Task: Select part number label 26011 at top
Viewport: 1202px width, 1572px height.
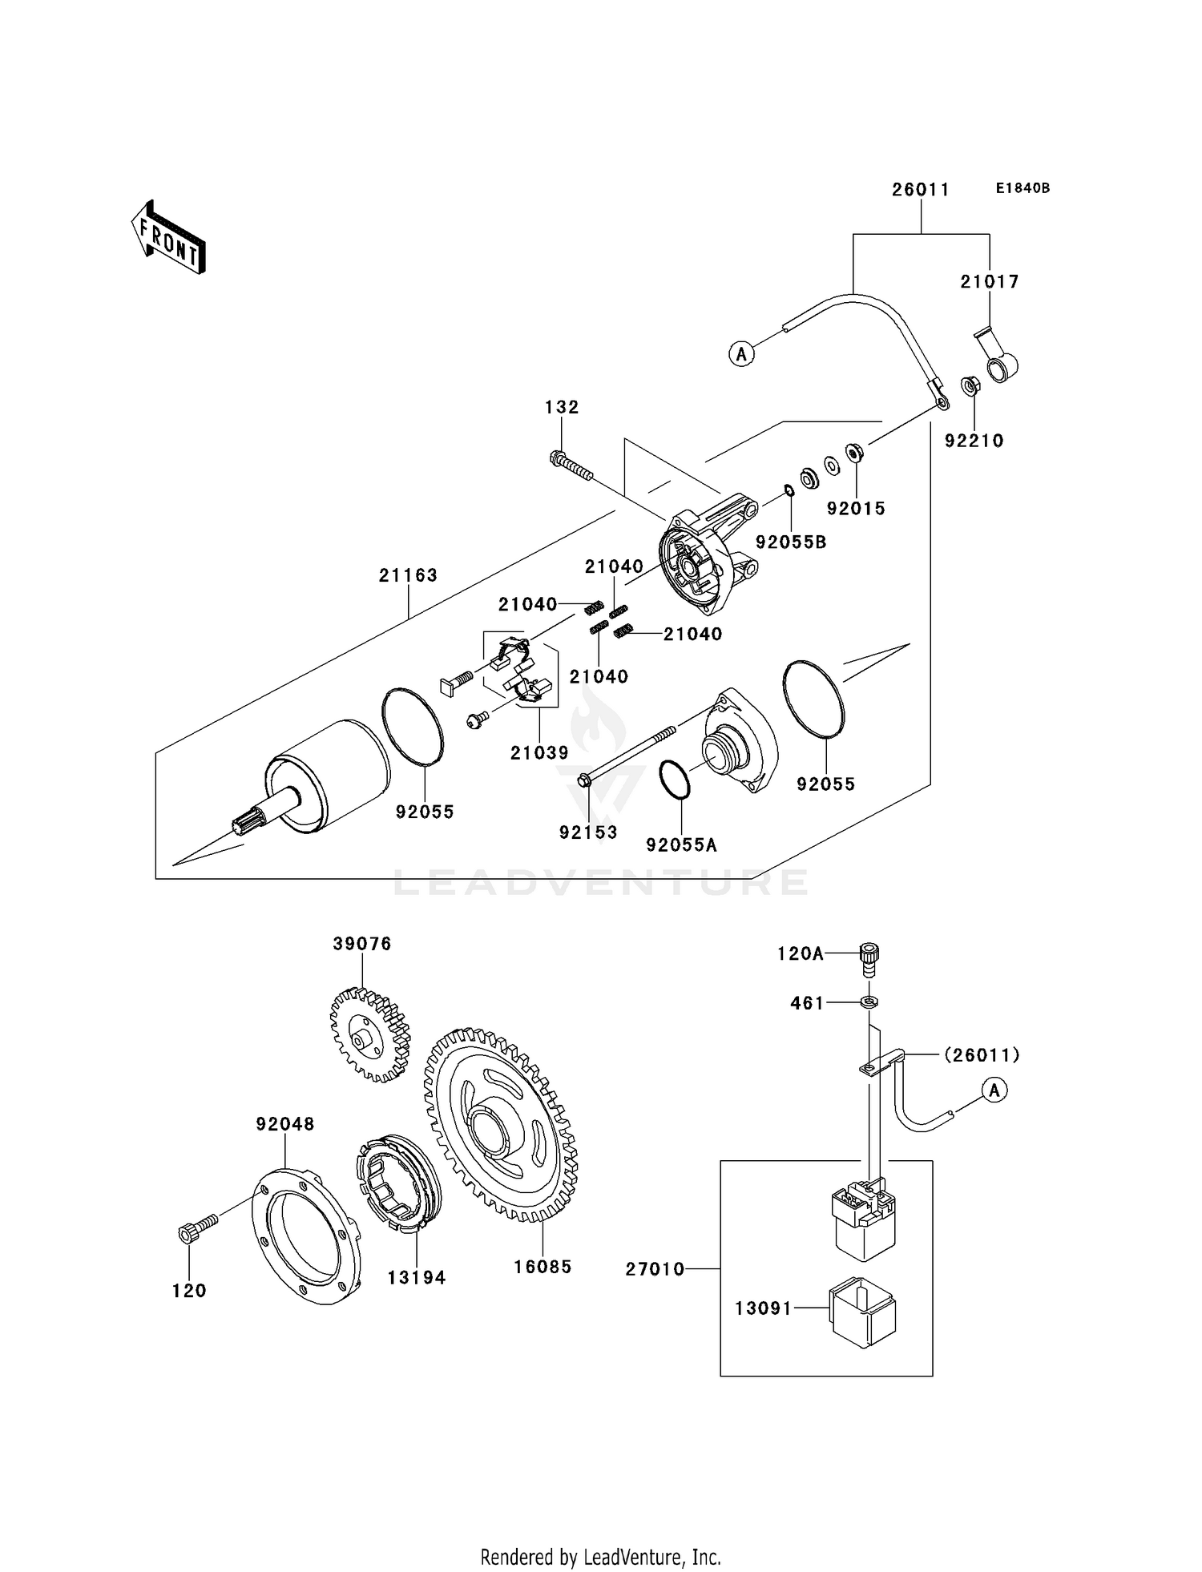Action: tap(921, 190)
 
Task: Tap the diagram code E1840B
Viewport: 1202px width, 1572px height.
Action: tap(1023, 188)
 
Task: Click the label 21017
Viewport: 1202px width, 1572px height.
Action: tap(990, 282)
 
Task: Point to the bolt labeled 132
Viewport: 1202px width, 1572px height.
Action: tap(571, 466)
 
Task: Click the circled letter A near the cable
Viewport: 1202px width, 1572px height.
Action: tap(742, 353)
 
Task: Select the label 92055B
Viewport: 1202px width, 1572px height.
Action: tap(791, 542)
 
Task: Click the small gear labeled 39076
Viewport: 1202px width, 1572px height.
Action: tap(369, 1034)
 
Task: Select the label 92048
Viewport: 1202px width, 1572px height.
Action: tap(285, 1124)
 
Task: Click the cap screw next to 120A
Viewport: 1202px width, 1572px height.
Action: tap(869, 957)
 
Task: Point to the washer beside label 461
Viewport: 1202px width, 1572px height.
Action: tap(869, 1002)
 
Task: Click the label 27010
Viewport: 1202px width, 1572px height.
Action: tap(655, 1269)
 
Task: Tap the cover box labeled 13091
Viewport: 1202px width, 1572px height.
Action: tap(862, 1312)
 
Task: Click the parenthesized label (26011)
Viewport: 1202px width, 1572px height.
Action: tap(982, 1055)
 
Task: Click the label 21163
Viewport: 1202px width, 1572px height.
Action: tap(408, 575)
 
